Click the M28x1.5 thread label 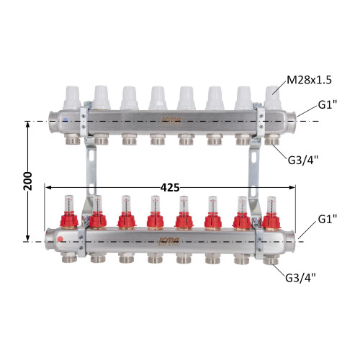pos(310,80)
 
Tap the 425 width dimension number pos(170,188)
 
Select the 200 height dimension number pos(28,181)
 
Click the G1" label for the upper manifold pos(328,105)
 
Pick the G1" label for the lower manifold pos(328,219)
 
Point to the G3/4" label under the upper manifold pos(303,161)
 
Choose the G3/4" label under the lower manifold pos(300,278)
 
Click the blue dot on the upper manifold pos(66,120)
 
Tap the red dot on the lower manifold pos(60,239)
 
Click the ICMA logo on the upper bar pos(172,120)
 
